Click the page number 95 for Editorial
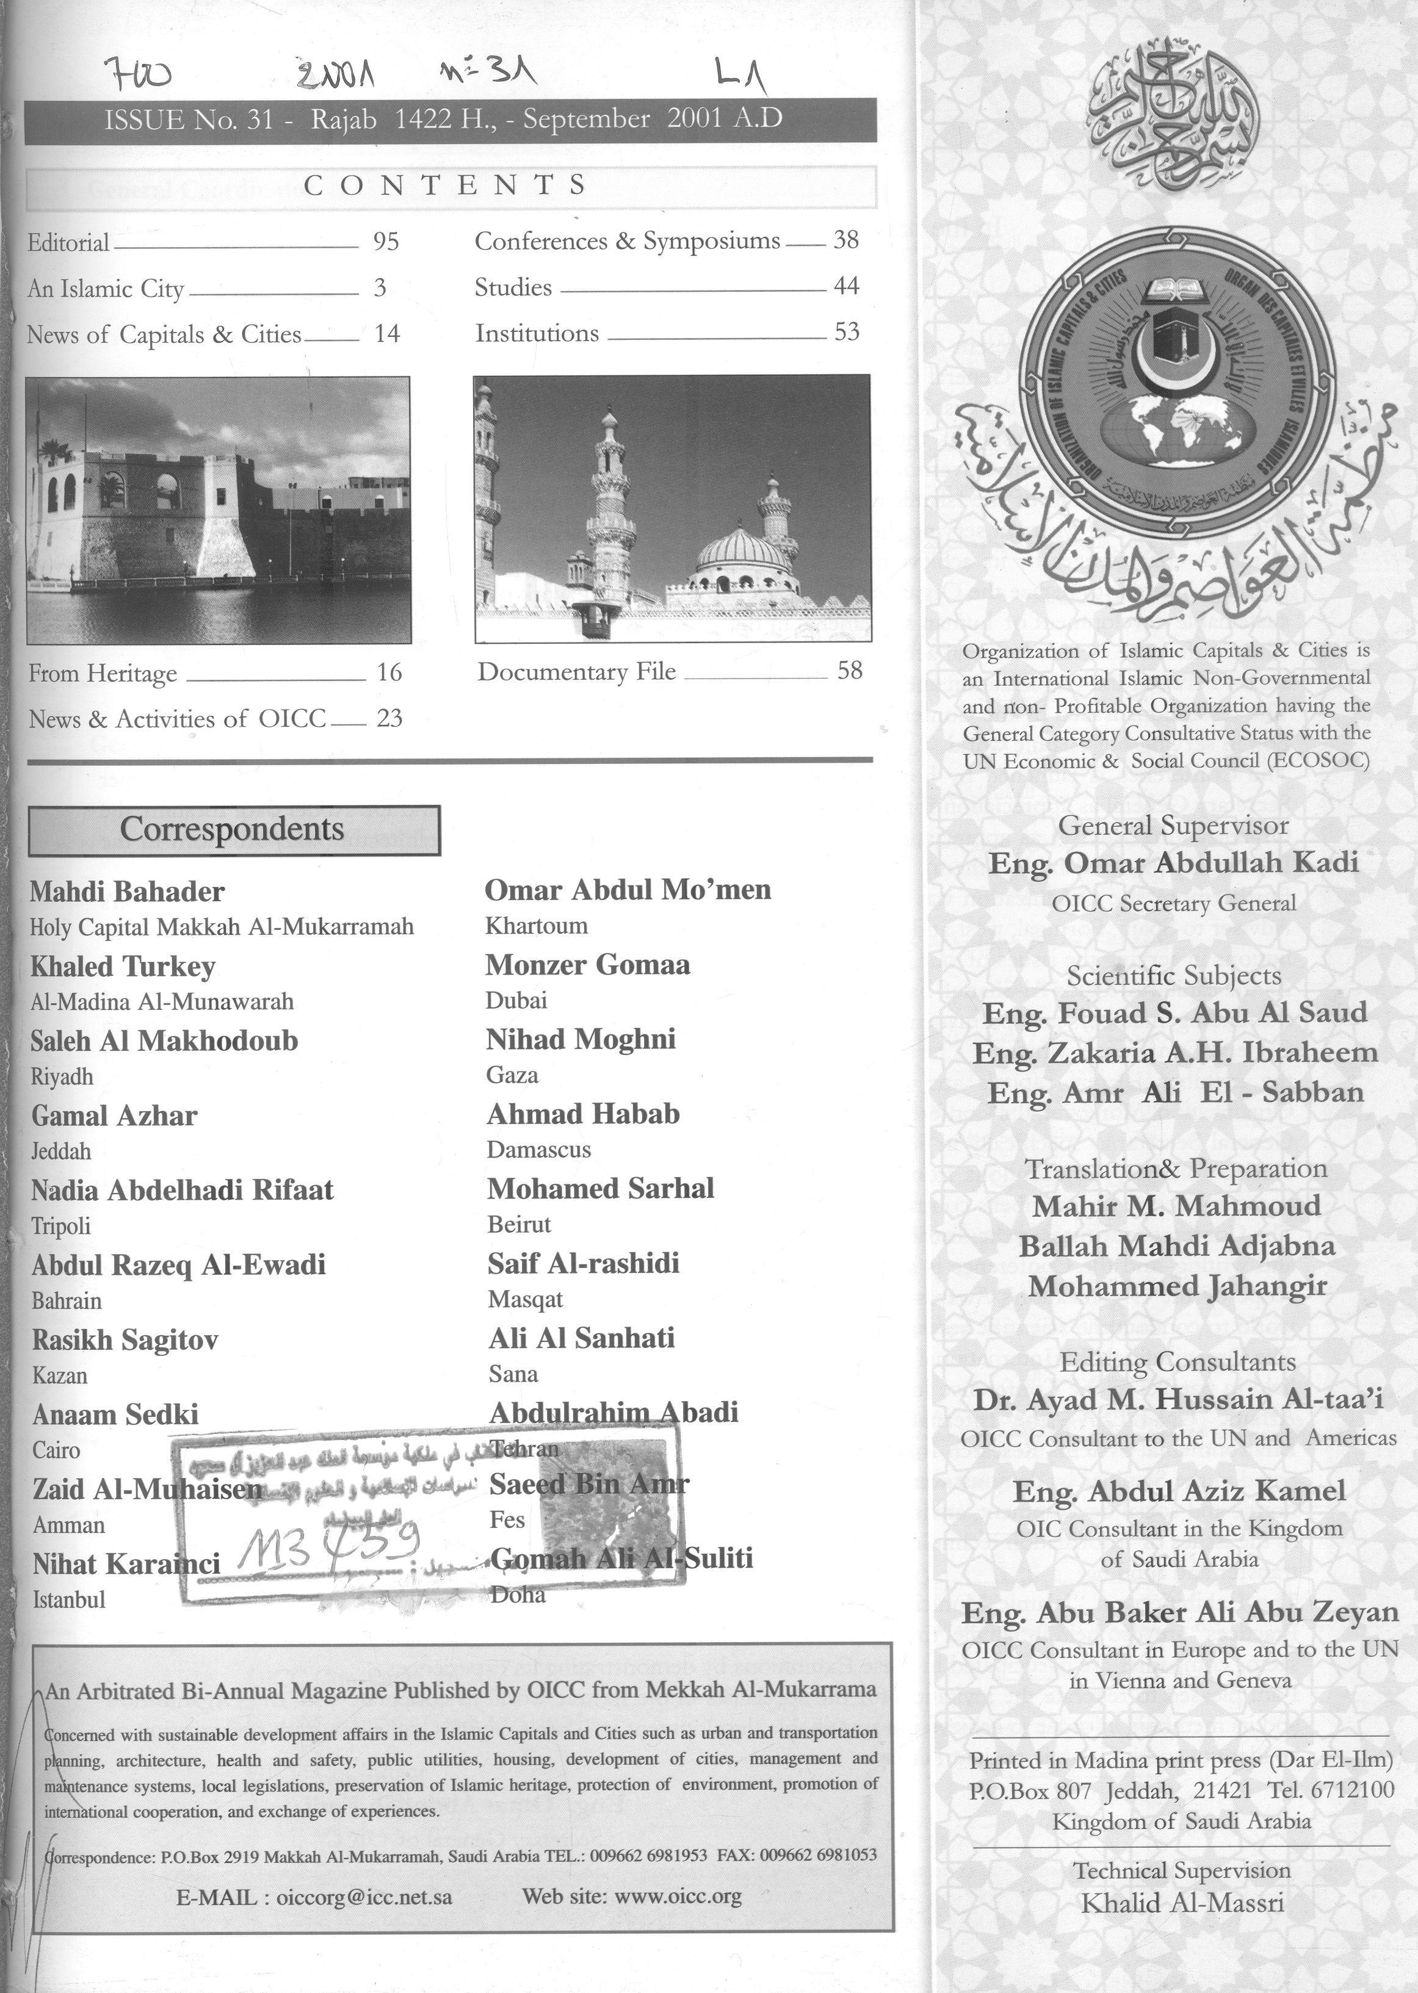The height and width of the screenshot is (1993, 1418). click(x=386, y=242)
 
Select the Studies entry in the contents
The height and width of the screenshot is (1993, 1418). click(x=513, y=288)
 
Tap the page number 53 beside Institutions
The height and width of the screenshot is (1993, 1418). click(x=846, y=332)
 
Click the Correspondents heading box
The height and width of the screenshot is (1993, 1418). click(x=234, y=829)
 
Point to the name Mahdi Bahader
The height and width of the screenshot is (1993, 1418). click(x=128, y=892)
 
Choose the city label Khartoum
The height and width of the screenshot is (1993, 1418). click(x=536, y=925)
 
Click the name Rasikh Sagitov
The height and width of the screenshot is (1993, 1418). click(x=125, y=1339)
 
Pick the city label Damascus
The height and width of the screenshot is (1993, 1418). click(x=539, y=1150)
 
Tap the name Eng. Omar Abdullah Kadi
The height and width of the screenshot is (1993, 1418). click(x=1173, y=863)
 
